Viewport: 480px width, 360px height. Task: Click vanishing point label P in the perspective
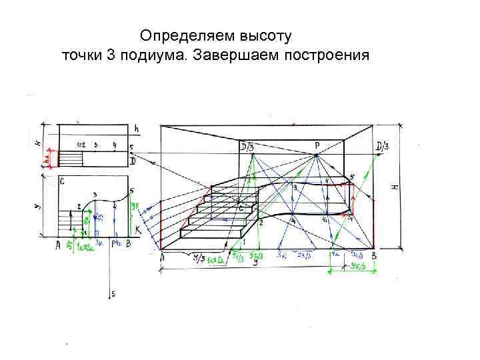coord(318,144)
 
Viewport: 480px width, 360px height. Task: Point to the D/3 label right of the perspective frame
coord(384,147)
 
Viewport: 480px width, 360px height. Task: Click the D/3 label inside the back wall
coord(247,147)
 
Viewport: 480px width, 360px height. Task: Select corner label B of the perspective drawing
coord(374,256)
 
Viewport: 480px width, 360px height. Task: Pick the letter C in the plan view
coord(61,181)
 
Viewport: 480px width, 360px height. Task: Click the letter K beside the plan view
coord(137,229)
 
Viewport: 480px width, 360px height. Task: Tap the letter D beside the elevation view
coord(133,161)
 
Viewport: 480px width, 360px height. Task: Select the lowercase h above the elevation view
coord(136,128)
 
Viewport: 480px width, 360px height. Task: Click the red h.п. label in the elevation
coord(46,159)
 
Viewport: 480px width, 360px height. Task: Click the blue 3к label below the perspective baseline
coord(283,255)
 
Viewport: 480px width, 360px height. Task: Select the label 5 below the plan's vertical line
coord(113,293)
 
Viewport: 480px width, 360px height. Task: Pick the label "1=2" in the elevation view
coord(81,144)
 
